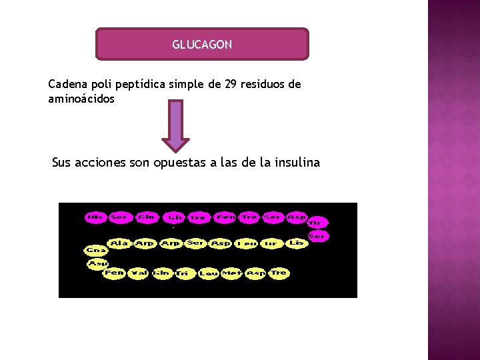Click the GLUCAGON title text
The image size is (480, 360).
coord(202,45)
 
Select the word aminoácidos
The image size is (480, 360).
coord(81,99)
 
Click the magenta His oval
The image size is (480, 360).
coord(96,217)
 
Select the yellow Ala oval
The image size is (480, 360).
coord(120,243)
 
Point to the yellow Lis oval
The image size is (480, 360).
coord(297,243)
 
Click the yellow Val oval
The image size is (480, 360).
coord(139,273)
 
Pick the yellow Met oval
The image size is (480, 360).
coord(231,273)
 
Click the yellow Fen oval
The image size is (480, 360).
coord(114,273)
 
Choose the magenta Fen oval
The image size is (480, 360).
coord(226,217)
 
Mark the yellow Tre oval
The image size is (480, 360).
coord(279,273)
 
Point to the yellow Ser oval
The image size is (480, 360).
coord(195,243)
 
